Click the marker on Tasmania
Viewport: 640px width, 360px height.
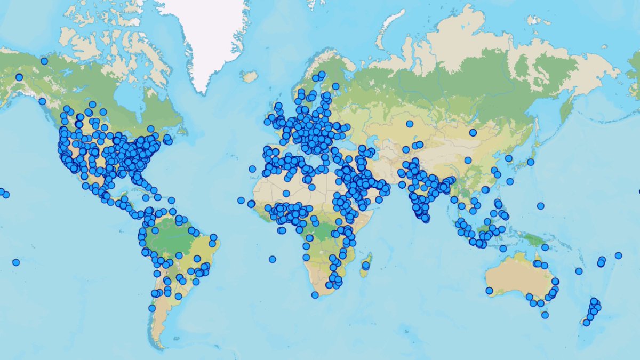(x=545, y=315)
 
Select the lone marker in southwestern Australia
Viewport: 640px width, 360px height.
(x=489, y=291)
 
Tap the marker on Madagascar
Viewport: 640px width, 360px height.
(x=366, y=265)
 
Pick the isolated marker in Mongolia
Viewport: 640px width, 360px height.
(x=473, y=132)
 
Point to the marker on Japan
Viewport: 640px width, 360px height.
(x=531, y=162)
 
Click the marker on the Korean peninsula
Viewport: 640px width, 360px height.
(x=508, y=158)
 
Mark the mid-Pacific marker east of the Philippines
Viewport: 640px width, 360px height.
(x=540, y=206)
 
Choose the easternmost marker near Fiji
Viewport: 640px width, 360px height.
(x=618, y=255)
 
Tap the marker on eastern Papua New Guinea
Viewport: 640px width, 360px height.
(x=545, y=247)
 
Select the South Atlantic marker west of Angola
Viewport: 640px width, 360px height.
(x=273, y=259)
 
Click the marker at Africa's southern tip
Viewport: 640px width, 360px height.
(x=315, y=295)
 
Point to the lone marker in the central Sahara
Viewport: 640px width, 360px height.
(x=286, y=194)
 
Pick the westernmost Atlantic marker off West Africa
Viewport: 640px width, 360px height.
(x=241, y=201)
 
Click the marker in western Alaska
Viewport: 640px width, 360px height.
(x=19, y=77)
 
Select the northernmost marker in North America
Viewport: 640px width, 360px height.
(x=44, y=61)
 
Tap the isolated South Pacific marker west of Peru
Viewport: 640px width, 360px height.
(x=16, y=262)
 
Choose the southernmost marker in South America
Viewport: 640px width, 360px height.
(x=152, y=308)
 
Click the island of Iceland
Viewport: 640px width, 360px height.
(x=249, y=76)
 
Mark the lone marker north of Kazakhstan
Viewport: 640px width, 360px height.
(x=410, y=124)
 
